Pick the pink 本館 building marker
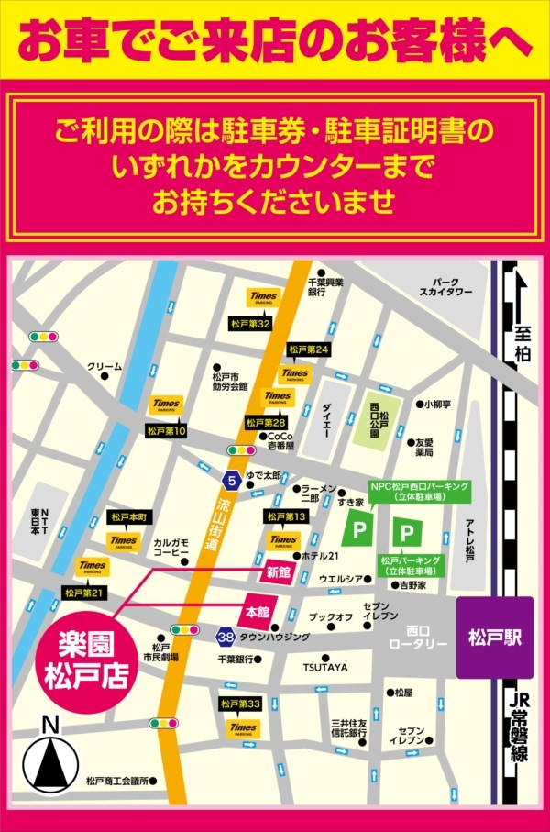click(256, 611)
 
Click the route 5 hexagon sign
click(233, 480)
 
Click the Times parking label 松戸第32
click(250, 324)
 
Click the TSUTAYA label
click(326, 668)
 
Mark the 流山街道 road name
click(207, 525)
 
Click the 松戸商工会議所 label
click(116, 781)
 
